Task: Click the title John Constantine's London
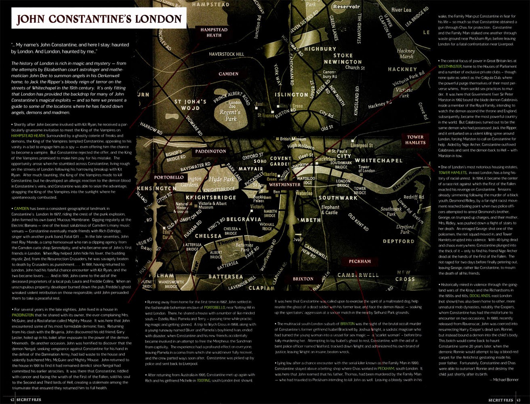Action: pos(99,19)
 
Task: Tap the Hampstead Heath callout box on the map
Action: pos(214,32)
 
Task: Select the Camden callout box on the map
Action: pos(228,74)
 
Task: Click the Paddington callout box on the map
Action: pos(210,151)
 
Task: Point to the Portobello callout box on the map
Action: pos(169,177)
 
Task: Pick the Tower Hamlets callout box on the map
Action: pos(416,140)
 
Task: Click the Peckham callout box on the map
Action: pos(360,261)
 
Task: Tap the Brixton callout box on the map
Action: pos(303,279)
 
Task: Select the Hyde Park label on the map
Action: pos(221,179)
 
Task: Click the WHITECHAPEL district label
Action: pos(379,161)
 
